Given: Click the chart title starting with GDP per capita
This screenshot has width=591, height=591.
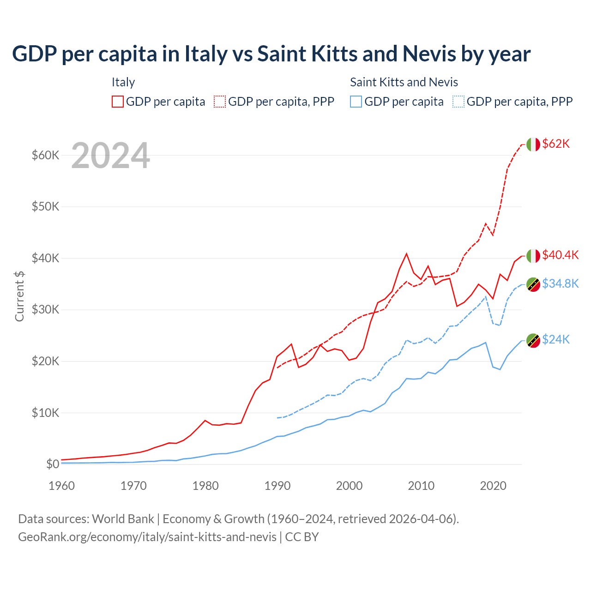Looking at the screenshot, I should click(x=271, y=54).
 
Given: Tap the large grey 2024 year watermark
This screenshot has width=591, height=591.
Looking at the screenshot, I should click(x=111, y=156).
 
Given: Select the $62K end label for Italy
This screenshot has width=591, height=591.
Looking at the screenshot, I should click(x=556, y=144).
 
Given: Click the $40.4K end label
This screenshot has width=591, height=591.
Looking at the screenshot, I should click(x=560, y=255).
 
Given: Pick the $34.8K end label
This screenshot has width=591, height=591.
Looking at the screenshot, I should click(x=560, y=283).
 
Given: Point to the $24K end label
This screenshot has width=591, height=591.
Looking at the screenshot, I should click(x=556, y=340).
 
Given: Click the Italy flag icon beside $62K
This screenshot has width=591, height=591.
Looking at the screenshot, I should click(x=533, y=145).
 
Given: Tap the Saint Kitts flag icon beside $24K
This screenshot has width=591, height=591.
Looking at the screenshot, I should click(x=533, y=340).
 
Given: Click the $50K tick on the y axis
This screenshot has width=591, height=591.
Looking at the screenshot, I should click(x=45, y=206).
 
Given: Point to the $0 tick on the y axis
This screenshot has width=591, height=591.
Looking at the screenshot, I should click(x=53, y=464).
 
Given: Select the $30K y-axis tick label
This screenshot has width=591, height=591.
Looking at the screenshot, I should click(x=45, y=309).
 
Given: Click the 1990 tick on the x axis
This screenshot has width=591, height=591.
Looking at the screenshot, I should click(x=277, y=486).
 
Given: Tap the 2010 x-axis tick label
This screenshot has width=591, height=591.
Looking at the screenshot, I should click(x=421, y=486).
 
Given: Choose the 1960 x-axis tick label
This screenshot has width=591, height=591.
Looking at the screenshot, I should click(x=62, y=486).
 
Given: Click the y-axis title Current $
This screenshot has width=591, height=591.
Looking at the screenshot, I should click(x=19, y=296).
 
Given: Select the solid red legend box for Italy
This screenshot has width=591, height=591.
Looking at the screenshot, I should click(x=118, y=102).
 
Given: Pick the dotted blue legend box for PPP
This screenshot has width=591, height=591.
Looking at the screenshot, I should click(x=458, y=102).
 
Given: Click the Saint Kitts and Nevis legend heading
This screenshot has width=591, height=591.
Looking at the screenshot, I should click(x=404, y=82).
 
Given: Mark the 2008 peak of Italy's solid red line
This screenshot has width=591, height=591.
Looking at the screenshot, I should click(x=406, y=253).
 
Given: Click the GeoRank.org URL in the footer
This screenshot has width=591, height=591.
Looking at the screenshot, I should click(x=147, y=537).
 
